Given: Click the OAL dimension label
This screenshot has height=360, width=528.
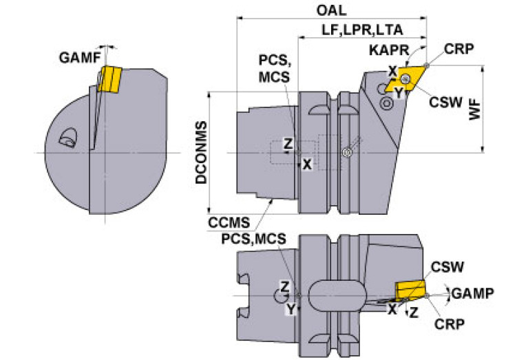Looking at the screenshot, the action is click(x=331, y=10).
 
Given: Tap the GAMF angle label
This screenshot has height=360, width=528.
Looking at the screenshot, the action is click(x=80, y=58).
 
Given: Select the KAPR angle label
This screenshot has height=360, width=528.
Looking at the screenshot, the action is click(x=389, y=50).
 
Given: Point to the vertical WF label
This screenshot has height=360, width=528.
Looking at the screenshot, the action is click(x=475, y=109).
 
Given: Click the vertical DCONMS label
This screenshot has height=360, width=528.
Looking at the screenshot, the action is click(x=201, y=153).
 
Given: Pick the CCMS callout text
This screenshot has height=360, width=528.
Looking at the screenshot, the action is click(x=229, y=222).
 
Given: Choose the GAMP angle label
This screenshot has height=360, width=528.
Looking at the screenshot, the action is click(x=473, y=293).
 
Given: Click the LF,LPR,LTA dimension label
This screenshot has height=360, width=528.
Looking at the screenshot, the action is click(x=362, y=30).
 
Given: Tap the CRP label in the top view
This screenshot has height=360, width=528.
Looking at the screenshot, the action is click(x=458, y=49).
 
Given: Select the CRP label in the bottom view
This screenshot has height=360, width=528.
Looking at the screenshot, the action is click(x=450, y=324).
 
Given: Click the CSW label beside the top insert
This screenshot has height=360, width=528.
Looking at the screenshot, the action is click(x=446, y=102).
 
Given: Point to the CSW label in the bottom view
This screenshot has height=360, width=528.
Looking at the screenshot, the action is click(x=447, y=267).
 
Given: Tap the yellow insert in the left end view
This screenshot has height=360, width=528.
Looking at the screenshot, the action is click(x=109, y=78).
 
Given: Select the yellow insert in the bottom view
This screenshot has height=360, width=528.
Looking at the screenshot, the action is click(x=410, y=290).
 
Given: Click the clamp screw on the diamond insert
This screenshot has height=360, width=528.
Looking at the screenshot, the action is click(x=405, y=79).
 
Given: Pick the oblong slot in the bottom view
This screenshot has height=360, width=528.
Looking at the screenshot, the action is click(x=337, y=297).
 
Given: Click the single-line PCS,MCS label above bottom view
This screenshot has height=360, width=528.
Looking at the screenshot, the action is click(x=253, y=239).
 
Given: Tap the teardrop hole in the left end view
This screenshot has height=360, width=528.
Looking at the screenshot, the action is click(x=68, y=138).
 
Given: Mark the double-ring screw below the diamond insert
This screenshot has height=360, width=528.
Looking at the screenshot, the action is click(x=386, y=103).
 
